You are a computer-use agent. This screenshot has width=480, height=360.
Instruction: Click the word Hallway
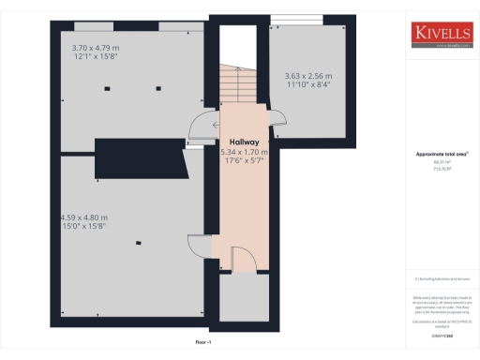(x=239, y=142)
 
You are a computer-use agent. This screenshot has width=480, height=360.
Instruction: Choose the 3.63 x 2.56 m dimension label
(x=307, y=76)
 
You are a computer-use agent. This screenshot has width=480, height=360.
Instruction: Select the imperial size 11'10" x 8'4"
(x=307, y=84)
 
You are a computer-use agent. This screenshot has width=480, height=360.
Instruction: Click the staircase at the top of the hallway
(x=233, y=86)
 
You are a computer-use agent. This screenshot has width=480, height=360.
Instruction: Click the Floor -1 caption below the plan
(x=203, y=343)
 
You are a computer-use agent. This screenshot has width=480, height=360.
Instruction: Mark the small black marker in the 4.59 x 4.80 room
(x=139, y=243)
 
